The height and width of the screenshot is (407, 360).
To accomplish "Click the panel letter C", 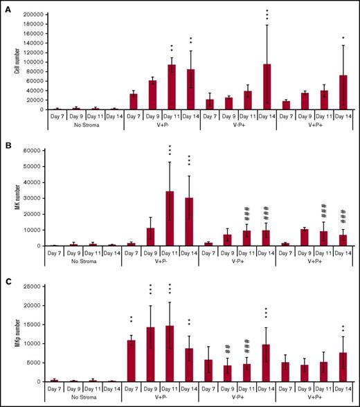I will [6, 279].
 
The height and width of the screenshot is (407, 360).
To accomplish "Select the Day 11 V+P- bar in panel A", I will [172, 87].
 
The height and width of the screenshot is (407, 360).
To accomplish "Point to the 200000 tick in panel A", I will [29, 14].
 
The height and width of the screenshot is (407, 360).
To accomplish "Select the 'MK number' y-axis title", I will [9, 197].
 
